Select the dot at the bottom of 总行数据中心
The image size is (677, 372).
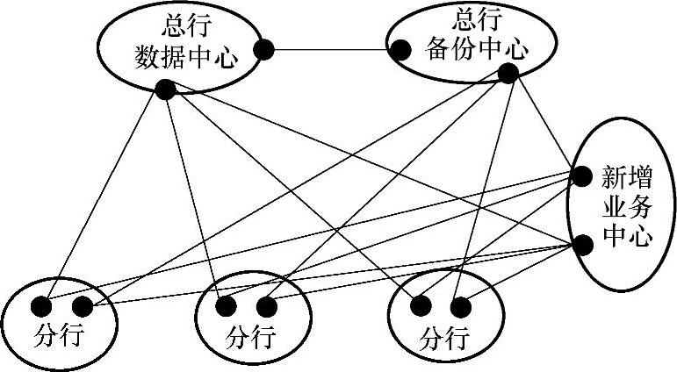[164, 89]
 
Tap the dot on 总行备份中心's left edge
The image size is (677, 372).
[400, 51]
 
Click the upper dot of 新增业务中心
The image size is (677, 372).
[580, 176]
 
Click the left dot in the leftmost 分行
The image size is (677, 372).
[40, 307]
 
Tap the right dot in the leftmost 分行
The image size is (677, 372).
[83, 307]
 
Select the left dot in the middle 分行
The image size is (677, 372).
[226, 307]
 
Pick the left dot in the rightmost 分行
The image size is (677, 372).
[421, 307]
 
